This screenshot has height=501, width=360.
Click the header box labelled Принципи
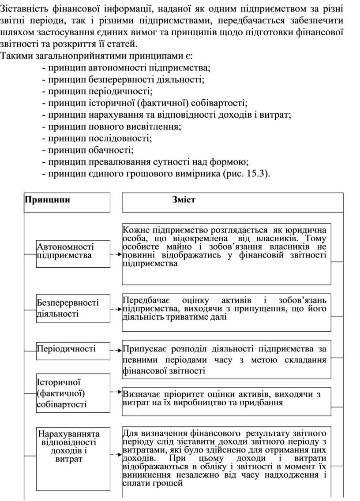click(67, 202)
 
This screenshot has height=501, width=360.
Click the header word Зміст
click(184, 200)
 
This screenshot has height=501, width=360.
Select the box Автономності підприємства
click(73, 254)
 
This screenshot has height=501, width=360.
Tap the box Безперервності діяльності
click(73, 308)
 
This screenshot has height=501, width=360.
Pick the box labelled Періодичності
click(73, 349)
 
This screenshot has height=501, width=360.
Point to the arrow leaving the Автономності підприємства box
click(116, 254)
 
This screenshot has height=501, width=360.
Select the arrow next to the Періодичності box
click(116, 351)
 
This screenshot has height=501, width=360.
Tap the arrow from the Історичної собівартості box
click(116, 391)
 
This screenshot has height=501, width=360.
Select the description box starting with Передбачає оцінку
click(226, 312)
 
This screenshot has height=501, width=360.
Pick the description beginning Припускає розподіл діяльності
click(226, 359)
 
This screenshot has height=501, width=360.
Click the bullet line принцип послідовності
click(100, 138)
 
